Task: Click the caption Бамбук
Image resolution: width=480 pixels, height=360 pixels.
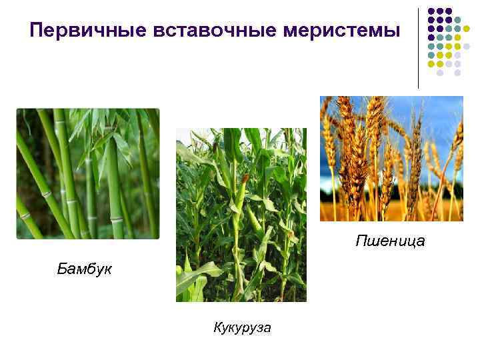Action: [85, 269]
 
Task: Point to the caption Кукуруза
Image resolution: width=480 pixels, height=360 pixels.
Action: [242, 327]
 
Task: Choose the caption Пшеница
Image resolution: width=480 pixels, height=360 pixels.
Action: [390, 240]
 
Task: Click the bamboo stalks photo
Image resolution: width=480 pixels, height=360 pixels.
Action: [88, 173]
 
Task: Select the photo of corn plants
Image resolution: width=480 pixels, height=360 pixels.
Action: [241, 215]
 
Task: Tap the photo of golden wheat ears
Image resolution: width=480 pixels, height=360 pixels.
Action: [391, 158]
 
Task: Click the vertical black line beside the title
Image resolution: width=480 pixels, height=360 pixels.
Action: [419, 47]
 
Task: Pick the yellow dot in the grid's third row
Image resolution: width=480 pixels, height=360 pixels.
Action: [467, 29]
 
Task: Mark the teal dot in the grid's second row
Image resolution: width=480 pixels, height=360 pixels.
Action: [457, 20]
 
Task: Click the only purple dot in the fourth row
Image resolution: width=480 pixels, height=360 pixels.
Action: [431, 37]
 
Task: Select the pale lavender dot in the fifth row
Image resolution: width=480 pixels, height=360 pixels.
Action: [467, 47]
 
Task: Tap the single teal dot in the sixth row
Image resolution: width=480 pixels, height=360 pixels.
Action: [431, 55]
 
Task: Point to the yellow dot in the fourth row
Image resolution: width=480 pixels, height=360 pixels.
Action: [457, 37]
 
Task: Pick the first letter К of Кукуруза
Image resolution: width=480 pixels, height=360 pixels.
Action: [217, 327]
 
